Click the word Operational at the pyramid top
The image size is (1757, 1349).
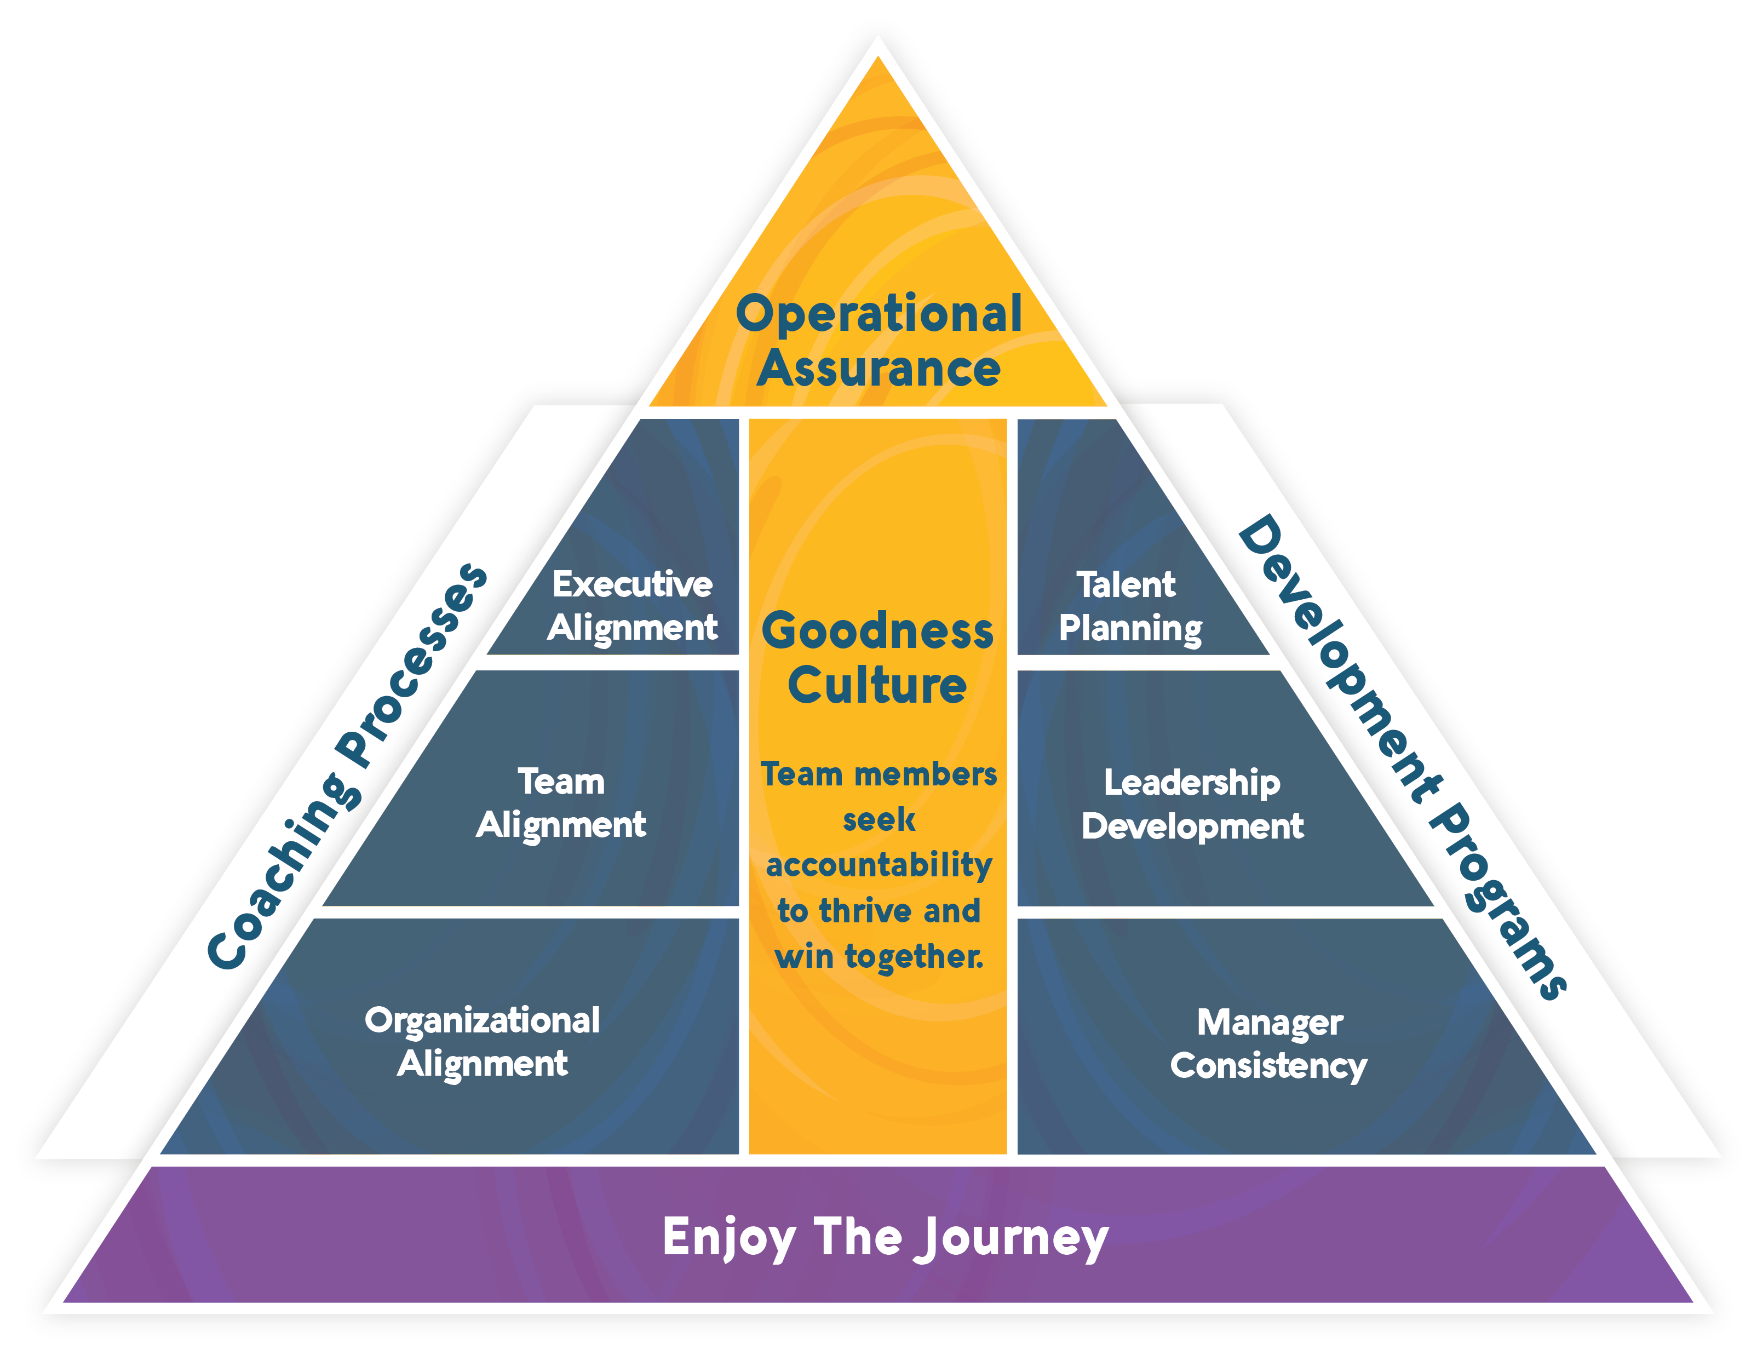(879, 315)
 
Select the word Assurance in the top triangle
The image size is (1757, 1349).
(879, 369)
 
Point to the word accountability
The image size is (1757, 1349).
(879, 865)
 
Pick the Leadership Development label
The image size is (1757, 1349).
(1192, 805)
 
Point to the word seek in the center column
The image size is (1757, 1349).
(879, 820)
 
